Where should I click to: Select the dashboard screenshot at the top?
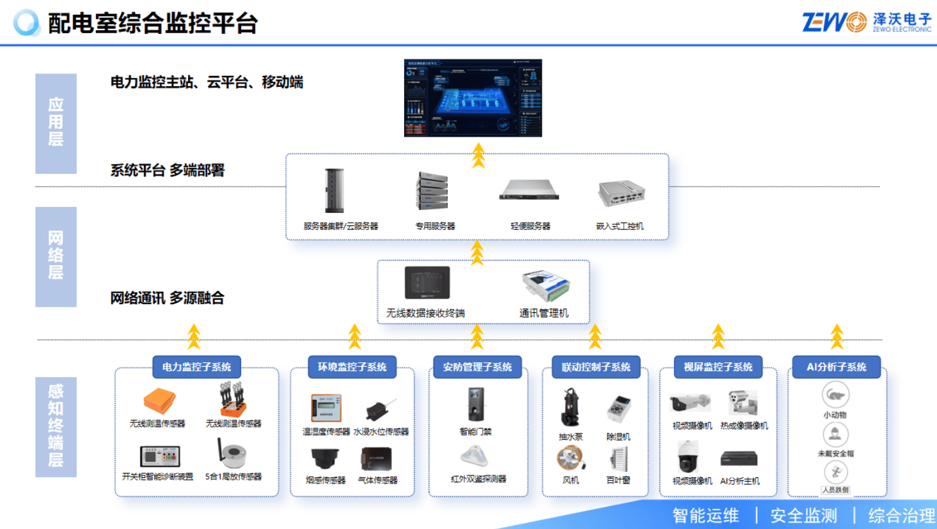pos(473,98)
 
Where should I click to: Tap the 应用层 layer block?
pos(56,123)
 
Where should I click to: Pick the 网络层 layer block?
pos(56,256)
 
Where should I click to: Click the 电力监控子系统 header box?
pos(196,367)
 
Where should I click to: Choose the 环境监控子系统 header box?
pos(352,367)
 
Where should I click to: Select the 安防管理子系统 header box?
pos(477,367)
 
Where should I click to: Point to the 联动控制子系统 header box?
pos(595,367)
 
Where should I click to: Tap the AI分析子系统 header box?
pos(836,367)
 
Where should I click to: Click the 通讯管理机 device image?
pos(546,286)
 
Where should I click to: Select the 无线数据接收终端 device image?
pos(427,282)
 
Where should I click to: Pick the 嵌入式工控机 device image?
pos(621,193)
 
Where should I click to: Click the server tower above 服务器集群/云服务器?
pos(334,190)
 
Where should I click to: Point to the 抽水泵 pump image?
pos(570,408)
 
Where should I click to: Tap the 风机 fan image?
pos(570,459)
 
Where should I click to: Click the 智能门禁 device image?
pos(475,405)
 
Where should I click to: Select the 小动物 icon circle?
pos(835,395)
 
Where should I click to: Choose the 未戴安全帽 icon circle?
pos(835,434)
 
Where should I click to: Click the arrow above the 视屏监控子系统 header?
pos(718,336)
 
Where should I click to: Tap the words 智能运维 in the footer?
pos(705,516)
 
